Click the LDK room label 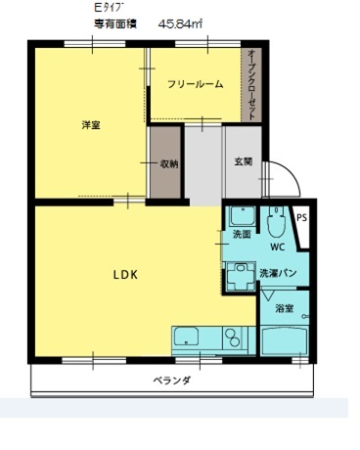(125, 275)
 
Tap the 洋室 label (91, 125)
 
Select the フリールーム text (196, 84)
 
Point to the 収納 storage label (169, 163)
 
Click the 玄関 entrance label (244, 161)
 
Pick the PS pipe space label (302, 218)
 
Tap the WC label (278, 247)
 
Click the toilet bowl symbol (276, 222)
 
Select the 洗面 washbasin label (242, 234)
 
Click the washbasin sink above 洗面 (243, 216)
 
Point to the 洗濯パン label (278, 273)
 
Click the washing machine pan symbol (241, 276)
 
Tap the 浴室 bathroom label (285, 308)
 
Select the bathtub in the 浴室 (285, 340)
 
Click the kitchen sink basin (186, 337)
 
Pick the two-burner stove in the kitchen (234, 337)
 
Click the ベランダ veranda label (172, 381)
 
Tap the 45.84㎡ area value (180, 24)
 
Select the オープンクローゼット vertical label (251, 85)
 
